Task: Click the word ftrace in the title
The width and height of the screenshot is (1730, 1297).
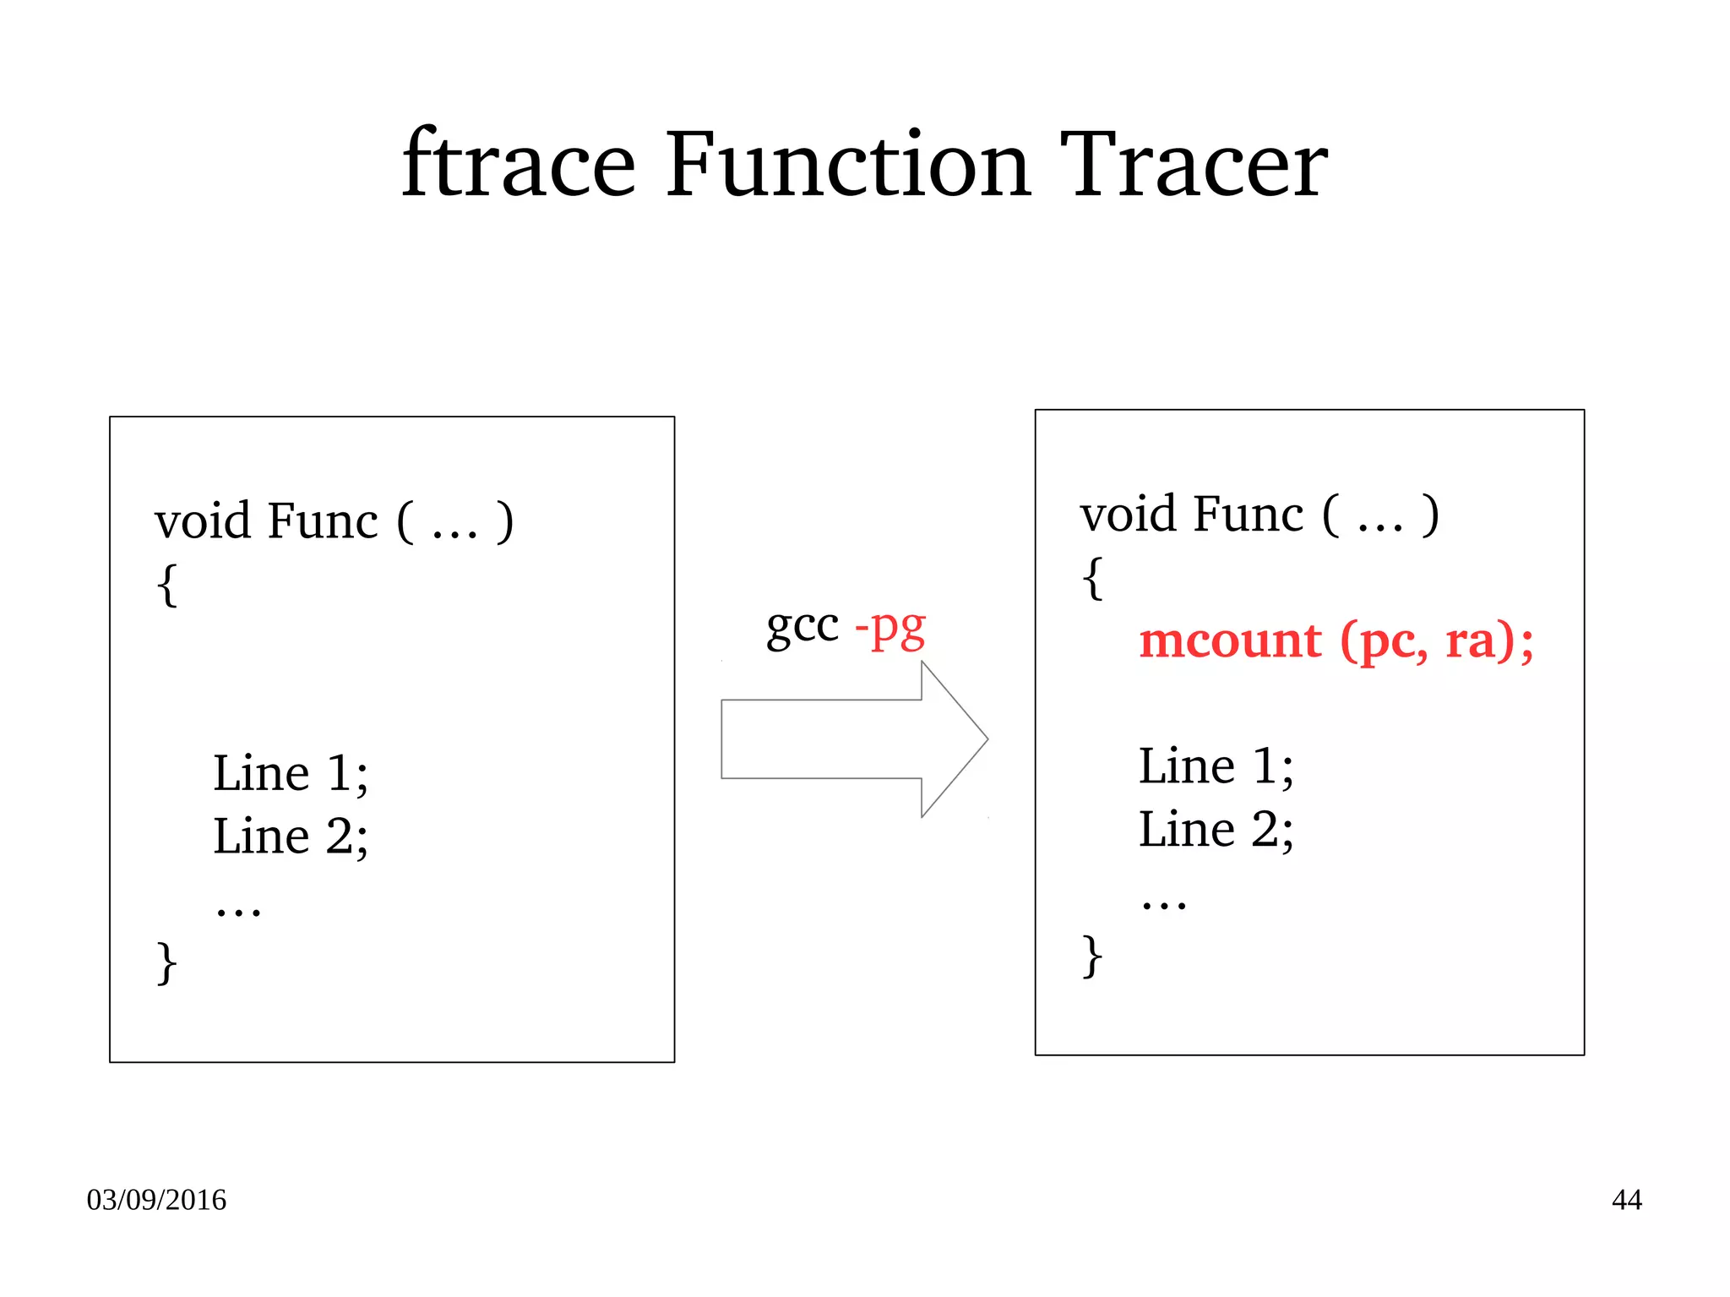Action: tap(518, 165)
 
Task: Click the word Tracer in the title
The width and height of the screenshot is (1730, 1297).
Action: tap(1194, 165)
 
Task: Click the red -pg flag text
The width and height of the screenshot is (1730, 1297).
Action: tap(890, 628)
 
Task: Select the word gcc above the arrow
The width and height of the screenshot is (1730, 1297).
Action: tap(802, 628)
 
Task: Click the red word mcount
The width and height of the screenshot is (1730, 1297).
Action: tap(1230, 640)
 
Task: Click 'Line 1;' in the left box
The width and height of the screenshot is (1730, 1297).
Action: tap(291, 773)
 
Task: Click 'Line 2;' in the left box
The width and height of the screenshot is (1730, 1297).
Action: tap(291, 837)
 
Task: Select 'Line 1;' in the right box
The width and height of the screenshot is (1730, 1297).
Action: tap(1216, 766)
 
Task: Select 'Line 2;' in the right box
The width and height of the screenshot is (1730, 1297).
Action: tap(1216, 830)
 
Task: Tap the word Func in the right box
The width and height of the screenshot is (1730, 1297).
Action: tap(1249, 515)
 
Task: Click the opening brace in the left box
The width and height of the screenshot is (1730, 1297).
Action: tap(167, 584)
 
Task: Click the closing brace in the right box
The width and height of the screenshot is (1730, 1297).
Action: tap(1092, 956)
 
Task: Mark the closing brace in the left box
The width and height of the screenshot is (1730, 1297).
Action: tap(167, 962)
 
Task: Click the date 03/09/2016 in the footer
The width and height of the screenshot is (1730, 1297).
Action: tap(156, 1200)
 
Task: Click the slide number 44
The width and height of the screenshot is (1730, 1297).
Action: tap(1626, 1200)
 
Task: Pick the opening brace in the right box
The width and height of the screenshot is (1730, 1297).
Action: tap(1092, 578)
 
